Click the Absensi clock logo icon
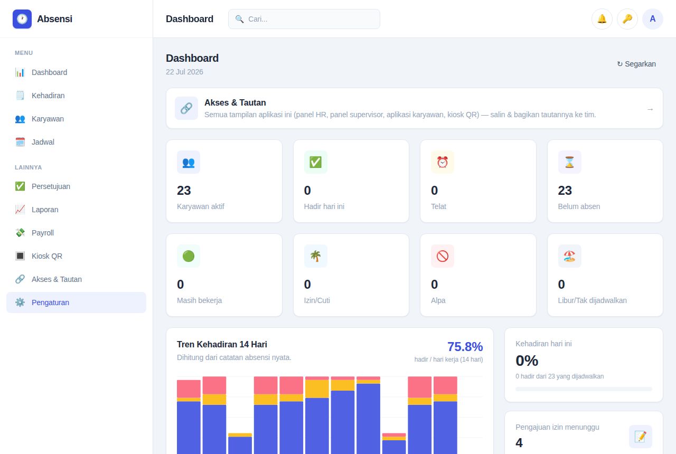tap(22, 19)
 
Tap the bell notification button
tap(602, 19)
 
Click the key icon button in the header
tap(627, 19)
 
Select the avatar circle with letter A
tap(652, 19)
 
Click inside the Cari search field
tap(304, 19)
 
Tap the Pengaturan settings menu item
tap(76, 302)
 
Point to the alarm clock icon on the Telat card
tap(443, 162)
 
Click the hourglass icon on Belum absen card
tap(569, 162)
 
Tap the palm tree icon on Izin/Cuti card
tap(315, 256)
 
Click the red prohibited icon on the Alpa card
tap(443, 256)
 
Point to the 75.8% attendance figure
tap(465, 347)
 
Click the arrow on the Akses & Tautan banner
tap(650, 109)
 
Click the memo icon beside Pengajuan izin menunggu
tap(641, 437)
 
